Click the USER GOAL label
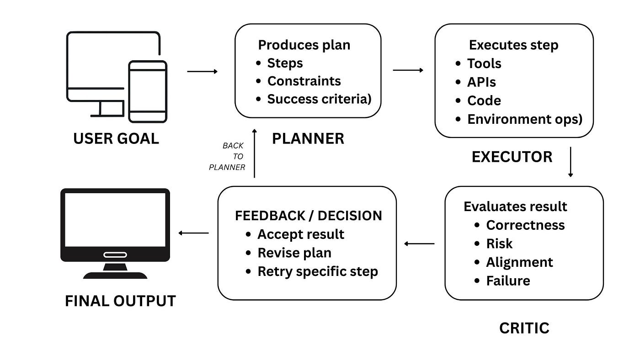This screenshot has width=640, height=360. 116,139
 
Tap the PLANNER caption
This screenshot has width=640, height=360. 308,139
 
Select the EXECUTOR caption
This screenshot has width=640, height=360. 512,157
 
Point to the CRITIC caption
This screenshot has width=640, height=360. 524,328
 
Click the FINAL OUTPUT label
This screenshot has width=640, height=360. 120,301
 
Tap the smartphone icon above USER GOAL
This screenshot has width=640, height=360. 148,92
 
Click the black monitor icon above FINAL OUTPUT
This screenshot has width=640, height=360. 115,233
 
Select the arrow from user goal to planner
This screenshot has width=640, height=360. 202,71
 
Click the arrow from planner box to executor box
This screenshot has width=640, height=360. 408,70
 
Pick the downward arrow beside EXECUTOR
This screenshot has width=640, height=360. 571,162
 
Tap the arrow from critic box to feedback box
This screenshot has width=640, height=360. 419,244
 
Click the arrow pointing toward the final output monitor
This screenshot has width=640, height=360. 193,233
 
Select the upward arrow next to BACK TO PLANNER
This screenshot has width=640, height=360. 255,154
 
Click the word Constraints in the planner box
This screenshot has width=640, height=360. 304,81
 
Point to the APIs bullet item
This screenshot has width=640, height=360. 481,82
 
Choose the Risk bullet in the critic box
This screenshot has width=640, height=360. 499,244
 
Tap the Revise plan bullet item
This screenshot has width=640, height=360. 294,253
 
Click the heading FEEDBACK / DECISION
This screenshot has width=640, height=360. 308,216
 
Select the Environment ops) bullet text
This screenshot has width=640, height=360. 525,119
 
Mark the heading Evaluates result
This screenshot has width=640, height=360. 515,206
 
